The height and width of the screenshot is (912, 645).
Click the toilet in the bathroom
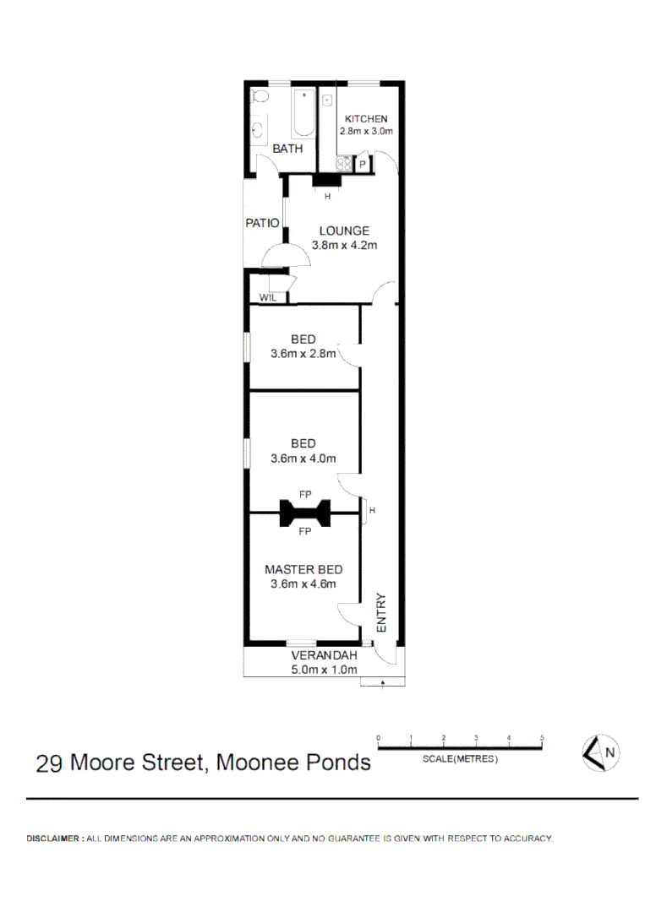tap(260, 99)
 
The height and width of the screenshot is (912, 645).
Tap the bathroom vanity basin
tap(258, 130)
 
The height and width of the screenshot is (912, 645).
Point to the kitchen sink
tap(327, 100)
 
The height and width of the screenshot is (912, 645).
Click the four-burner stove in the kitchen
tap(343, 164)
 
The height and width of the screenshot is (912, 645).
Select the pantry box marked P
tap(362, 165)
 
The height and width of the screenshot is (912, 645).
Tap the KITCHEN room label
tap(366, 119)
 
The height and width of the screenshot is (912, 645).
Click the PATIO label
tap(262, 223)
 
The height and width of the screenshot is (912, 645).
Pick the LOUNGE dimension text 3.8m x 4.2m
tap(344, 246)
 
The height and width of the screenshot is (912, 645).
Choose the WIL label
tap(267, 298)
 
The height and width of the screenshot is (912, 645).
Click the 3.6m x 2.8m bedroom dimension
tap(303, 355)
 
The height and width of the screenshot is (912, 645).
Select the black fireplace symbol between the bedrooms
tap(305, 513)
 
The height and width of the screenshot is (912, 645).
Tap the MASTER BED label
tap(303, 569)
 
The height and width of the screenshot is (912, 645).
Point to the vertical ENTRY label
tap(380, 613)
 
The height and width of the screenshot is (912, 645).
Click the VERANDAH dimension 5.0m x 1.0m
tap(324, 670)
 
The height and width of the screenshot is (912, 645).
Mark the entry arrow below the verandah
tap(383, 681)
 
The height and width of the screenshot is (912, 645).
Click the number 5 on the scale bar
tap(542, 737)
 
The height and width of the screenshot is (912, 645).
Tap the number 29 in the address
tap(49, 763)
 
